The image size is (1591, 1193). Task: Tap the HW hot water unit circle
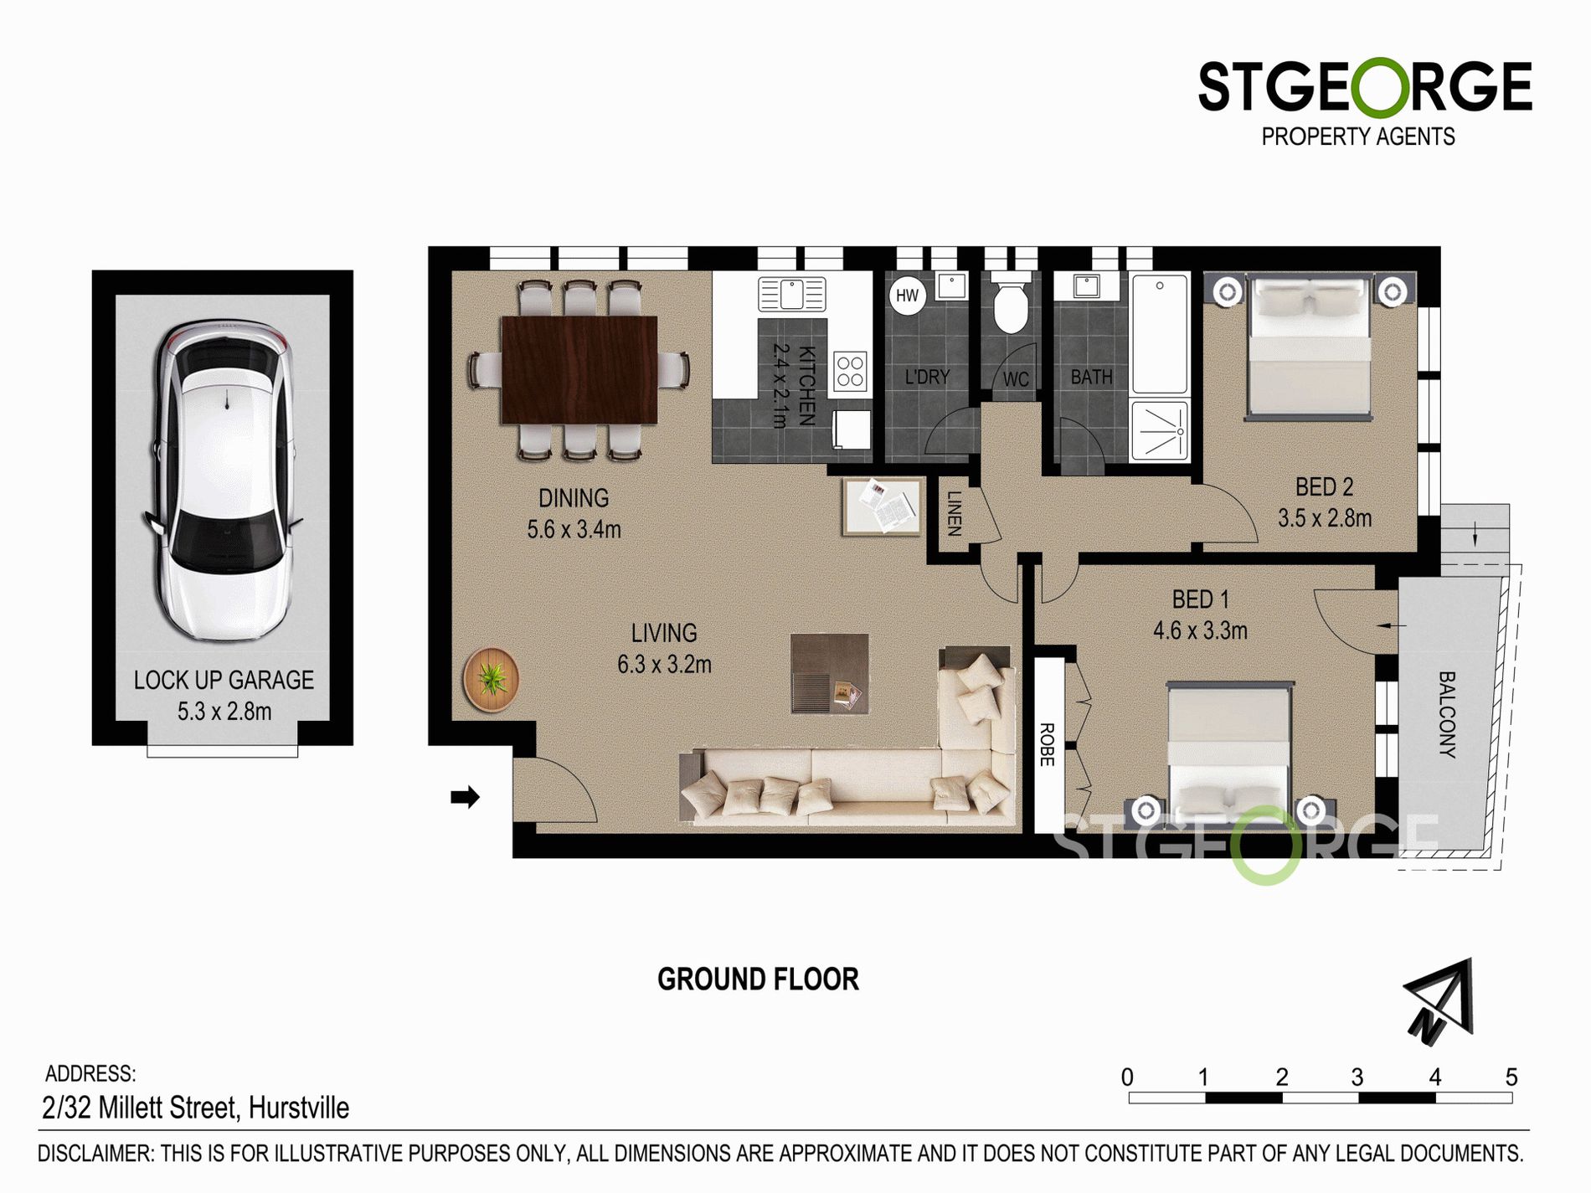click(907, 295)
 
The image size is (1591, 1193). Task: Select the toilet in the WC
click(1011, 303)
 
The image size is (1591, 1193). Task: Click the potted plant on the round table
click(491, 679)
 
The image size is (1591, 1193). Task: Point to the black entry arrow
click(465, 796)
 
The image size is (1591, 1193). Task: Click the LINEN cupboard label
click(954, 513)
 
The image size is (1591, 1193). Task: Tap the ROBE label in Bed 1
click(1047, 744)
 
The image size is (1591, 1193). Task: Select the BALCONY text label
click(1447, 714)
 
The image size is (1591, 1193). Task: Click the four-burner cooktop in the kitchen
click(850, 372)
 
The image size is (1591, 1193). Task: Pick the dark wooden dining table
click(579, 369)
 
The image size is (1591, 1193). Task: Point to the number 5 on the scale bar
click(1511, 1077)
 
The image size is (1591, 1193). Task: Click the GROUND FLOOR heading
click(758, 979)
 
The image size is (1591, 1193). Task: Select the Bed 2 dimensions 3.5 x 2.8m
click(1325, 518)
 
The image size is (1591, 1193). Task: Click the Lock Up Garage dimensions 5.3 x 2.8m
click(224, 712)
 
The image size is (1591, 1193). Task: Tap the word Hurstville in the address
click(299, 1108)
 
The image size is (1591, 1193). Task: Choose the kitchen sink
click(791, 294)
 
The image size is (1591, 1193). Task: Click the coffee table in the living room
click(829, 673)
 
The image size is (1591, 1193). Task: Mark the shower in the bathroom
click(1159, 431)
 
